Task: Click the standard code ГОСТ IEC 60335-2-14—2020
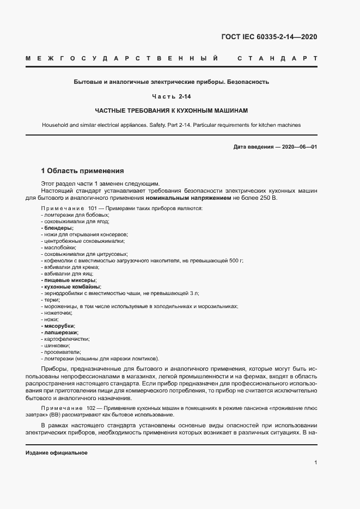[269, 37]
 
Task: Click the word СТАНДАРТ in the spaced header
[278, 58]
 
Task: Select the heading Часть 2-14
[172, 96]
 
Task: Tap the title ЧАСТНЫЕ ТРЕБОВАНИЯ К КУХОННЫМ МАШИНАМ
[172, 111]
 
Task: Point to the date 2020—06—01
[298, 147]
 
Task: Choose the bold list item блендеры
[57, 228]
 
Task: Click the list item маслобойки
[57, 247]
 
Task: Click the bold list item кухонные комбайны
[71, 287]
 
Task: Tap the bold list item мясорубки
[59, 326]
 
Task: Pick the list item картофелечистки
[65, 339]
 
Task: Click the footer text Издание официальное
[57, 453]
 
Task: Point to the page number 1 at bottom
[315, 463]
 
